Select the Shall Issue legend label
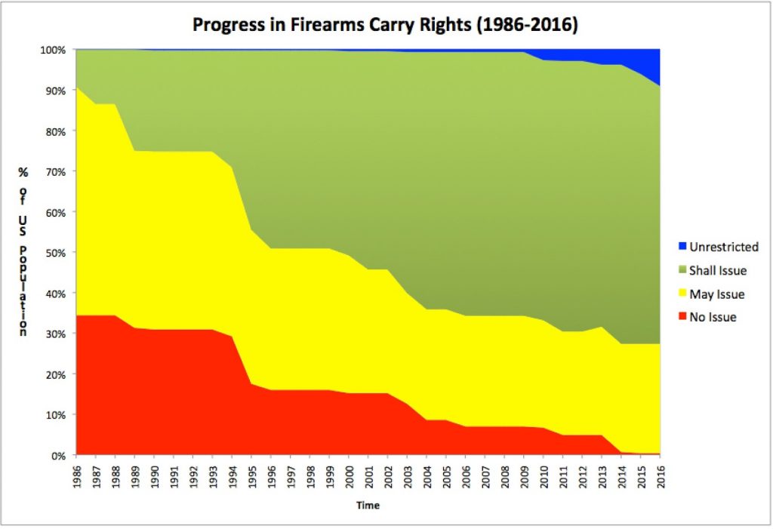click(x=718, y=270)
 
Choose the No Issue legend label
click(x=713, y=317)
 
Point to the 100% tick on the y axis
click(x=59, y=50)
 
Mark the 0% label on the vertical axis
click(x=64, y=456)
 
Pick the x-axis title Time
click(x=368, y=506)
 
